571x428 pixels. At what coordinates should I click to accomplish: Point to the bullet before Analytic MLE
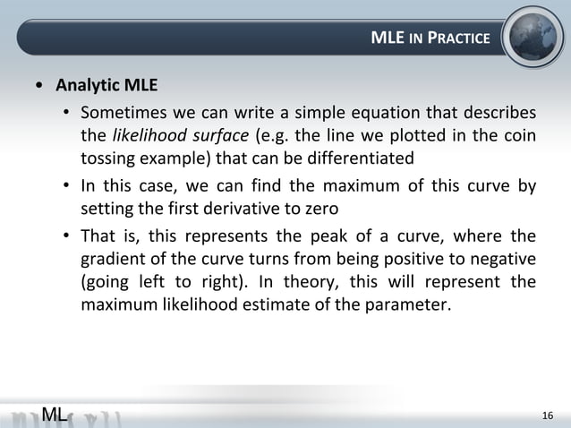pos(38,88)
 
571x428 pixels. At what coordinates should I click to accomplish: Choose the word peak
pos(311,237)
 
